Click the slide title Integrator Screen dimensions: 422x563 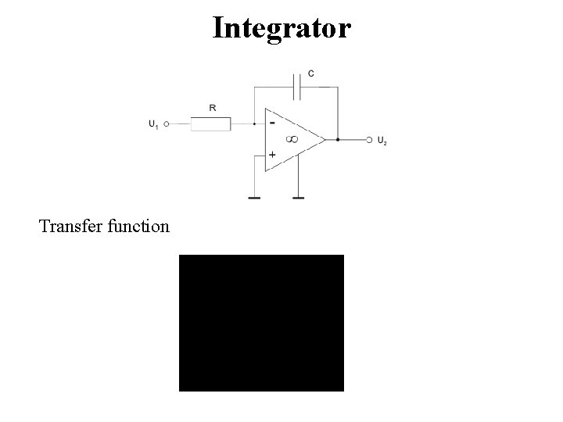tap(281, 28)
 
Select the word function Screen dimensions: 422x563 tap(140, 227)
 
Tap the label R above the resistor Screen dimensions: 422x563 tap(213, 108)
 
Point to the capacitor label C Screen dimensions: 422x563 tap(311, 73)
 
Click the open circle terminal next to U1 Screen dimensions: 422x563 tap(167, 123)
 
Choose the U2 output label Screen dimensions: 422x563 tap(382, 141)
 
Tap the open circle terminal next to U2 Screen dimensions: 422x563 tap(369, 140)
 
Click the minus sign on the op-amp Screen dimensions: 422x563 tap(271, 123)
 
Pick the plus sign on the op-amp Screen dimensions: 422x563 tap(271, 155)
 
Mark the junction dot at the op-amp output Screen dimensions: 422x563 tap(337, 140)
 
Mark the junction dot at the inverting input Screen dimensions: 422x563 tap(255, 123)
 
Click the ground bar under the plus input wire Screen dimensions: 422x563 tap(255, 198)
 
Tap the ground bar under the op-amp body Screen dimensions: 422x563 tap(298, 198)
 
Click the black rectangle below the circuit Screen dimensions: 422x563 tap(261, 322)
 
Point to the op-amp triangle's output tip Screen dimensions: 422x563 tap(324, 140)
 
